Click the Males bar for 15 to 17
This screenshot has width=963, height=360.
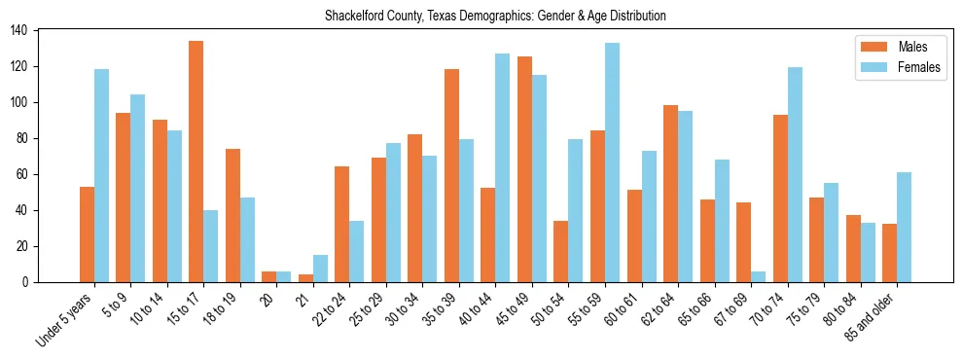[x=196, y=162]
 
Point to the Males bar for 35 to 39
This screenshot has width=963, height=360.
[x=451, y=175]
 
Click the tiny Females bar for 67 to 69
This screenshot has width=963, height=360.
[x=758, y=277]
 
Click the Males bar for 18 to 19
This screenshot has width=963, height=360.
[x=232, y=215]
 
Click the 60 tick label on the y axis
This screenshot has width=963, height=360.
[x=22, y=174]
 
